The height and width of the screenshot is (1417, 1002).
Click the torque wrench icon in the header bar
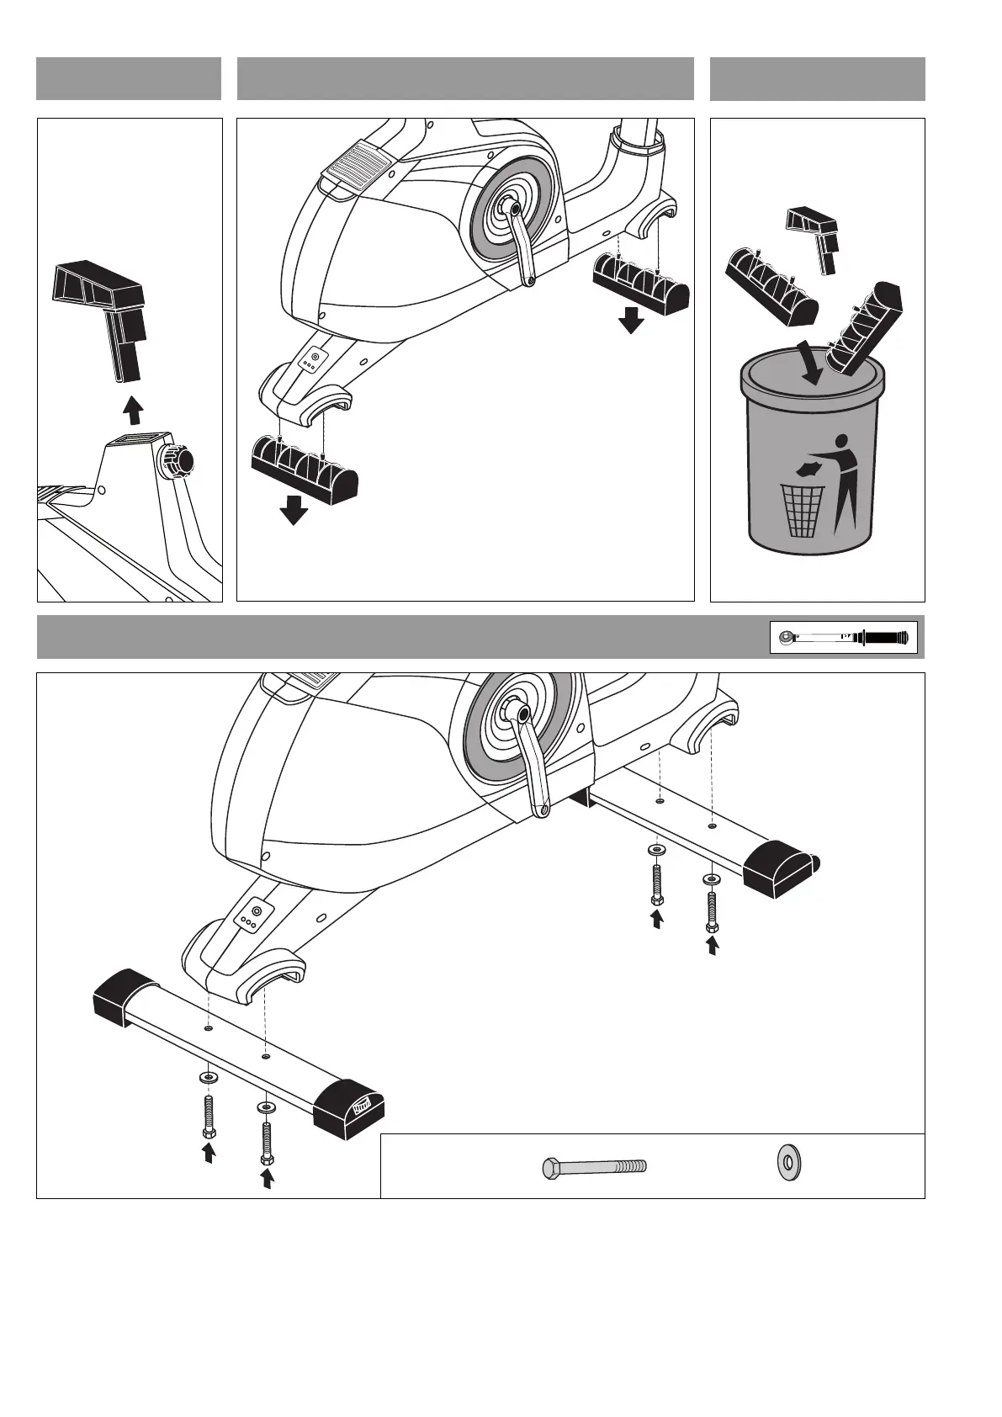tap(843, 637)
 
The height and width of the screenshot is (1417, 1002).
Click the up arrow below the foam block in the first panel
tap(130, 411)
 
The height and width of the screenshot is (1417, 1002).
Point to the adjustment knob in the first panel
tap(178, 460)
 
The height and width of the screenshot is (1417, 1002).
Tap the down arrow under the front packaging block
tap(294, 510)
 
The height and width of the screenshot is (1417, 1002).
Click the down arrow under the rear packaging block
tap(630, 320)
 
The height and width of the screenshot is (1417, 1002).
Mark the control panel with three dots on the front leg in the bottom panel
tap(251, 915)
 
